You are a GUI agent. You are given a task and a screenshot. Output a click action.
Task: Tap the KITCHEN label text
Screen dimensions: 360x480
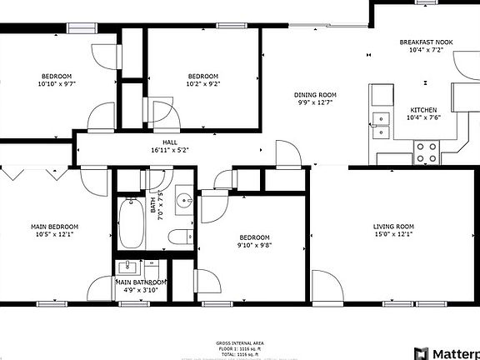tap(422, 110)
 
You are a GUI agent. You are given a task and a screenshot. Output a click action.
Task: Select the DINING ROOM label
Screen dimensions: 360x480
tap(316, 95)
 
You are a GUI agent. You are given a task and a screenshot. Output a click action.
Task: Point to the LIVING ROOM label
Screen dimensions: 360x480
tap(392, 227)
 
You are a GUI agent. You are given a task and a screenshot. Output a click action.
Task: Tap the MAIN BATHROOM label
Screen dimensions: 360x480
tap(141, 282)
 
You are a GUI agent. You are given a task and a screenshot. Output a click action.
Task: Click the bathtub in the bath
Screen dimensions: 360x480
tap(132, 222)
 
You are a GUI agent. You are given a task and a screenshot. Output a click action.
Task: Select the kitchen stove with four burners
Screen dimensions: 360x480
tap(427, 152)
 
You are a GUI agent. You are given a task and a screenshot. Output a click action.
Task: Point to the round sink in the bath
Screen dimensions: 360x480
tap(185, 201)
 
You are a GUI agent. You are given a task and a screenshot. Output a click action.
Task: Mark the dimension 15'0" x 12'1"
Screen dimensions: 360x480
tap(392, 235)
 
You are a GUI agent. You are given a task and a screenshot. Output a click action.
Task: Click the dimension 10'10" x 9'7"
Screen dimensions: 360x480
tap(55, 83)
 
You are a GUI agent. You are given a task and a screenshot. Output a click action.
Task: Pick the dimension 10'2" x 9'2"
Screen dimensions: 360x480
tap(202, 83)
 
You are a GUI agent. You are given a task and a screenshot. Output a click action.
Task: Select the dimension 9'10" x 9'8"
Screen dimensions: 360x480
tap(254, 245)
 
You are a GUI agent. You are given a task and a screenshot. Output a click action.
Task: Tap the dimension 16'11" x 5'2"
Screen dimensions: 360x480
tap(170, 151)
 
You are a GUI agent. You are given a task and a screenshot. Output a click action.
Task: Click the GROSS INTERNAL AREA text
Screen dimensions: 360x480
tap(240, 342)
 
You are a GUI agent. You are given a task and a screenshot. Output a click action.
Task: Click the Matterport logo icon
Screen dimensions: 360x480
tap(422, 353)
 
